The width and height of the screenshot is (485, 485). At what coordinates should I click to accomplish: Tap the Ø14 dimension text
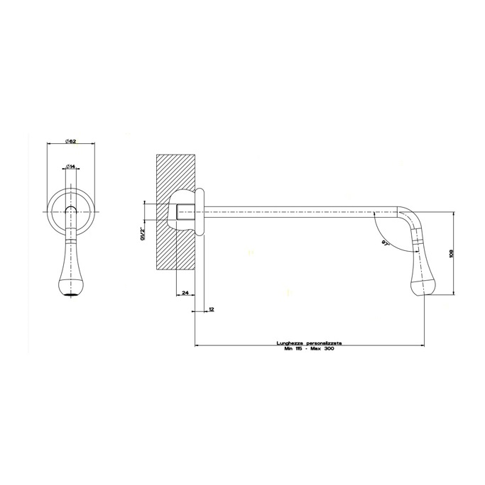[71, 167]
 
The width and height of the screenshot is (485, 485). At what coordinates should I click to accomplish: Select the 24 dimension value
[185, 292]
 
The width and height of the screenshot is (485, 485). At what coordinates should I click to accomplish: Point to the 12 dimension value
[212, 309]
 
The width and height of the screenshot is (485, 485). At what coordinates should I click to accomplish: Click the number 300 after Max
[328, 349]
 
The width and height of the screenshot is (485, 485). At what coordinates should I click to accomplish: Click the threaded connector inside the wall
[186, 211]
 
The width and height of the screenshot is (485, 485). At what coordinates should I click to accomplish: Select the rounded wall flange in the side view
[200, 211]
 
